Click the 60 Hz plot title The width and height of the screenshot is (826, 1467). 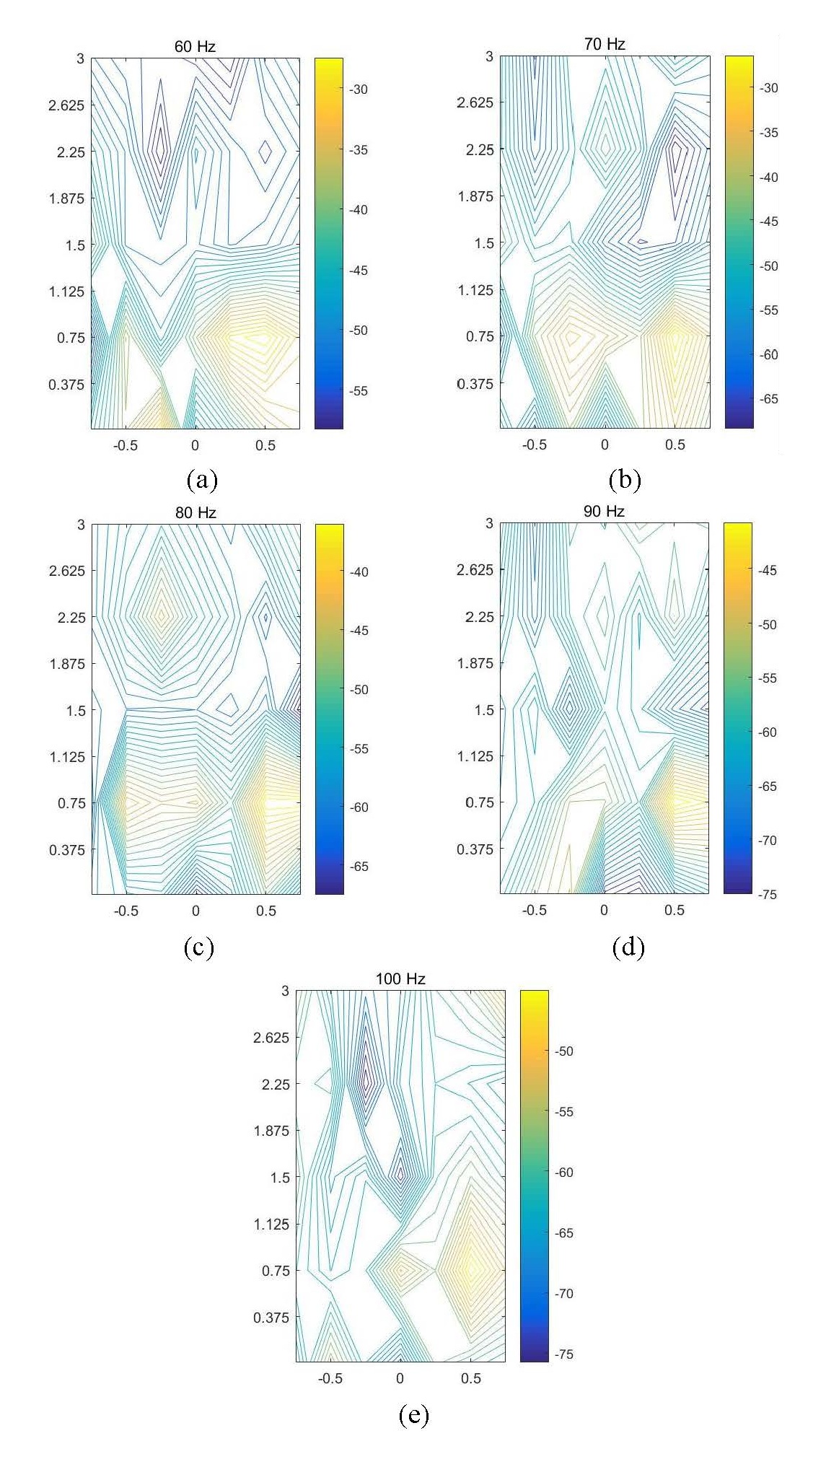tap(195, 47)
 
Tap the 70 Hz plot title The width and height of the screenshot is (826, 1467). tap(605, 45)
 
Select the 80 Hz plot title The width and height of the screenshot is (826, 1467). tap(195, 513)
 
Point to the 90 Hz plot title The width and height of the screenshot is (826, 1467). tap(604, 512)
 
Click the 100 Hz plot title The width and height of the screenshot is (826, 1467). tap(400, 979)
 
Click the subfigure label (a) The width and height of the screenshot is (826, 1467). tap(201, 480)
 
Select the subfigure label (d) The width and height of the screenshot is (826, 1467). tap(628, 947)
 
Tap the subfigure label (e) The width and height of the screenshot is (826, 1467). tap(413, 1415)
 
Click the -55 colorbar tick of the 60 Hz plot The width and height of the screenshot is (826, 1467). tap(359, 391)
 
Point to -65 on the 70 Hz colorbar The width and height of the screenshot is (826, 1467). tap(769, 399)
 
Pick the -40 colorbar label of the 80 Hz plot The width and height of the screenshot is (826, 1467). tap(359, 572)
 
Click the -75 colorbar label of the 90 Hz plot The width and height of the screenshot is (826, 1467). tap(767, 895)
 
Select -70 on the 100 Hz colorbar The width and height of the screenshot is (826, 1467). tap(563, 1294)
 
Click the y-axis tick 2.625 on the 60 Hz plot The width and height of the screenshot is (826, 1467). tap(66, 105)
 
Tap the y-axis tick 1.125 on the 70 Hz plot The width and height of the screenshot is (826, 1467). tap(475, 290)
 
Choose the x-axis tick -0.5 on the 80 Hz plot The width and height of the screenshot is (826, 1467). tap(126, 911)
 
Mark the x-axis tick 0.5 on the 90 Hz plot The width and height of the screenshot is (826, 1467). tap(675, 911)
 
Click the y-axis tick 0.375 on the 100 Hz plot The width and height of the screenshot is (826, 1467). tap(271, 1318)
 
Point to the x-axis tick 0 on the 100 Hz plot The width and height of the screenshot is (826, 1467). tap(400, 1378)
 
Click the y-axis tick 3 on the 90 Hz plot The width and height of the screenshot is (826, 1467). tap(489, 523)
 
